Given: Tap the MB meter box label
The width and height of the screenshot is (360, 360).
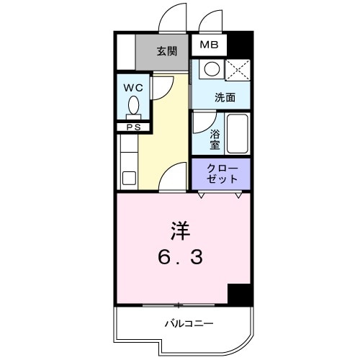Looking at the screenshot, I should (x=208, y=45).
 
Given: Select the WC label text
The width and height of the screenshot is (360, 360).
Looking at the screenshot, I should (x=132, y=88).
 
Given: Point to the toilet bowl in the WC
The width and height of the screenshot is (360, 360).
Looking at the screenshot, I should (x=133, y=109).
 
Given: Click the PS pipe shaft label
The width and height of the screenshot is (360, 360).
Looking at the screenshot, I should (x=133, y=128).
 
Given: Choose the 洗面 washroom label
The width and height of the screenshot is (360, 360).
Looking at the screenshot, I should (x=224, y=96).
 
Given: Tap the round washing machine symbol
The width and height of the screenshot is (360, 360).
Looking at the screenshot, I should (x=210, y=70).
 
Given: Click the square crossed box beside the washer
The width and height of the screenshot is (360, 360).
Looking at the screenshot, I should (x=237, y=70).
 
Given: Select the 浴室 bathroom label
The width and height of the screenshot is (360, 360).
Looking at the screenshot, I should (x=215, y=139).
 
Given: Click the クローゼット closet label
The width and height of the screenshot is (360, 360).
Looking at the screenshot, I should (x=220, y=173).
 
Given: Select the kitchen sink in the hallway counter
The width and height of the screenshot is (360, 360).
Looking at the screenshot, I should (x=130, y=177).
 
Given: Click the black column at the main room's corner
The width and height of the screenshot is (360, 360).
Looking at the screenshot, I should (x=239, y=294).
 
